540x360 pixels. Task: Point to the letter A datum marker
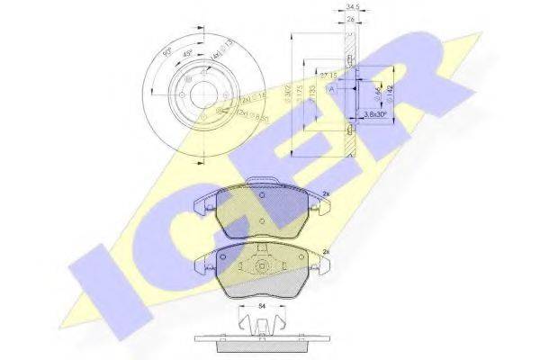[x=332, y=88]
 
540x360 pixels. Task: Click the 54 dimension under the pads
[x=260, y=309]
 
